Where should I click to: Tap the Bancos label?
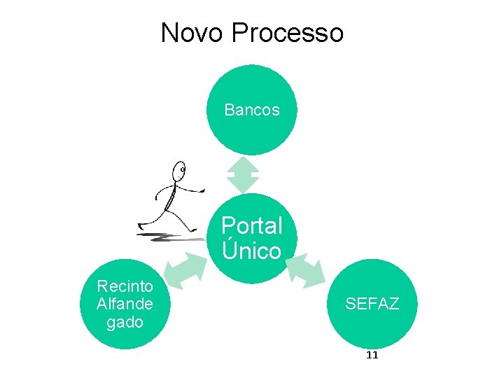point(252,110)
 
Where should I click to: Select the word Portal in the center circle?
point(252,226)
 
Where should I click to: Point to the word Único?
point(252,251)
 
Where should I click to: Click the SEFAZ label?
point(372,304)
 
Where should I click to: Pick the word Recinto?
point(125,286)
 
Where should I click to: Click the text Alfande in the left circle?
point(125,304)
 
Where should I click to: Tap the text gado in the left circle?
point(125,322)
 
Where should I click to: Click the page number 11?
point(372,355)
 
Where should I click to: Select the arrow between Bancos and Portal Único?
point(243,174)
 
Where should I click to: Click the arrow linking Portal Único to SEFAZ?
point(305,270)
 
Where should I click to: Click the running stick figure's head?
point(181,169)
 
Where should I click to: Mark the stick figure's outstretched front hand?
point(202,189)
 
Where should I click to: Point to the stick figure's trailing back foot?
point(141,226)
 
